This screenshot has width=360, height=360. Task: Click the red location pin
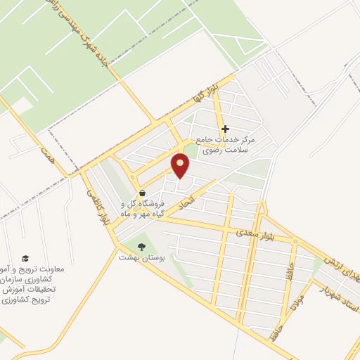pyautogui.click(x=181, y=165)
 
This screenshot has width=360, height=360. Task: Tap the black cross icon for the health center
pyautogui.click(x=225, y=129)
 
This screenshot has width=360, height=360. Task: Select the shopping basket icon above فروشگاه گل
pyautogui.click(x=143, y=193)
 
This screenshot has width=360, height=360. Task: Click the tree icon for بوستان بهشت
pyautogui.click(x=143, y=247)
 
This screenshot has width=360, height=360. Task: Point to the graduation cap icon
pyautogui.click(x=26, y=259)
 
